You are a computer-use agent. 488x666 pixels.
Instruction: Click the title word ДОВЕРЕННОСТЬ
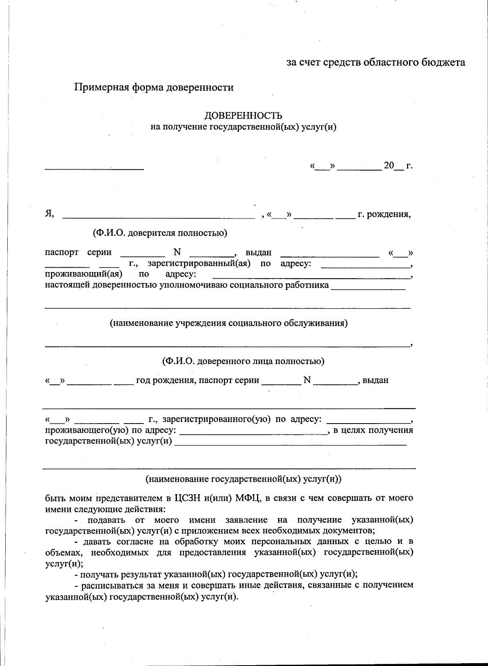click(243, 116)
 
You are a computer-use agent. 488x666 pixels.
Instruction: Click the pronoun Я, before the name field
click(49, 214)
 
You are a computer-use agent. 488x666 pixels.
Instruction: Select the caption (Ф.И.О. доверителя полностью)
click(160, 233)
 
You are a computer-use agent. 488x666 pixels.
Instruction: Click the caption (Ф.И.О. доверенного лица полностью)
click(243, 361)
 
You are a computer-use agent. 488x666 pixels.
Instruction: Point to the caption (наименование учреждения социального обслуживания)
click(229, 323)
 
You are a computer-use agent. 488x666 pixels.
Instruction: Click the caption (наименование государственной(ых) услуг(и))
click(244, 479)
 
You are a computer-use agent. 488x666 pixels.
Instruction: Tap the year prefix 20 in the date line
click(389, 165)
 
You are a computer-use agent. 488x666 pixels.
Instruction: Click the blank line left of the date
click(94, 168)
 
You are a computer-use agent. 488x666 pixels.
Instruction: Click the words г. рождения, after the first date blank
click(384, 214)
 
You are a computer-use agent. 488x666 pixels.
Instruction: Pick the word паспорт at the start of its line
click(61, 252)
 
